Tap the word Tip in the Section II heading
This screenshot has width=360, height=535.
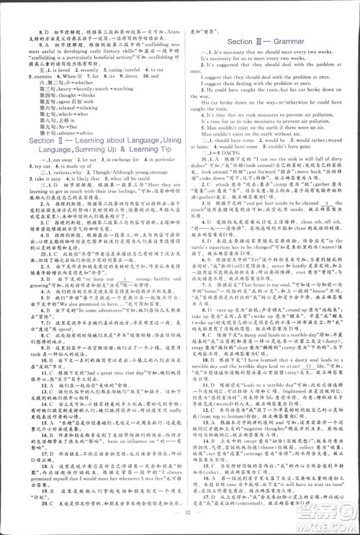(162, 168)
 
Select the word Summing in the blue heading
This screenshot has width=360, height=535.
(70, 168)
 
